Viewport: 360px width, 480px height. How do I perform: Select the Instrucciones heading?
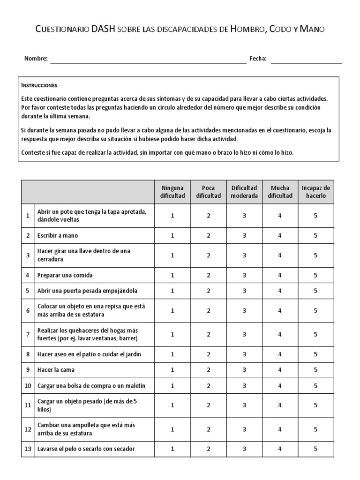point(39,86)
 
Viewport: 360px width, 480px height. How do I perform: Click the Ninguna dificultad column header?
point(172,192)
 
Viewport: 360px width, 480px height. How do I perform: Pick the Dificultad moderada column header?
point(244,192)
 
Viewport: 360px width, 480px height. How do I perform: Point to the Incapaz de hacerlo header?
point(315,192)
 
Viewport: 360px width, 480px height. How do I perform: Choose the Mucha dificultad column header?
point(280,192)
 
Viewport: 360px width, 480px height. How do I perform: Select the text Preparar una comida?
point(65,275)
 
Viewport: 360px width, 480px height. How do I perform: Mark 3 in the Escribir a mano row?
point(244,235)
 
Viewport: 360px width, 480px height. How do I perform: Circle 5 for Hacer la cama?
point(315,370)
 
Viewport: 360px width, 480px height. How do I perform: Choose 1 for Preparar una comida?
point(172,275)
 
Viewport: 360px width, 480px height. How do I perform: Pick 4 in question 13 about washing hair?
point(280,449)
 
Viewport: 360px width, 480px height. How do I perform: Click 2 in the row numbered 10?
point(209,385)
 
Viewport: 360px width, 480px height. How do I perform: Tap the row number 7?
point(28,334)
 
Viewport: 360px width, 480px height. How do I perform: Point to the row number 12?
point(28,429)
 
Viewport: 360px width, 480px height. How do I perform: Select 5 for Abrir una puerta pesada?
point(315,291)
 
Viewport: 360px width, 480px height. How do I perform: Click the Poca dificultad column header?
point(209,192)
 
